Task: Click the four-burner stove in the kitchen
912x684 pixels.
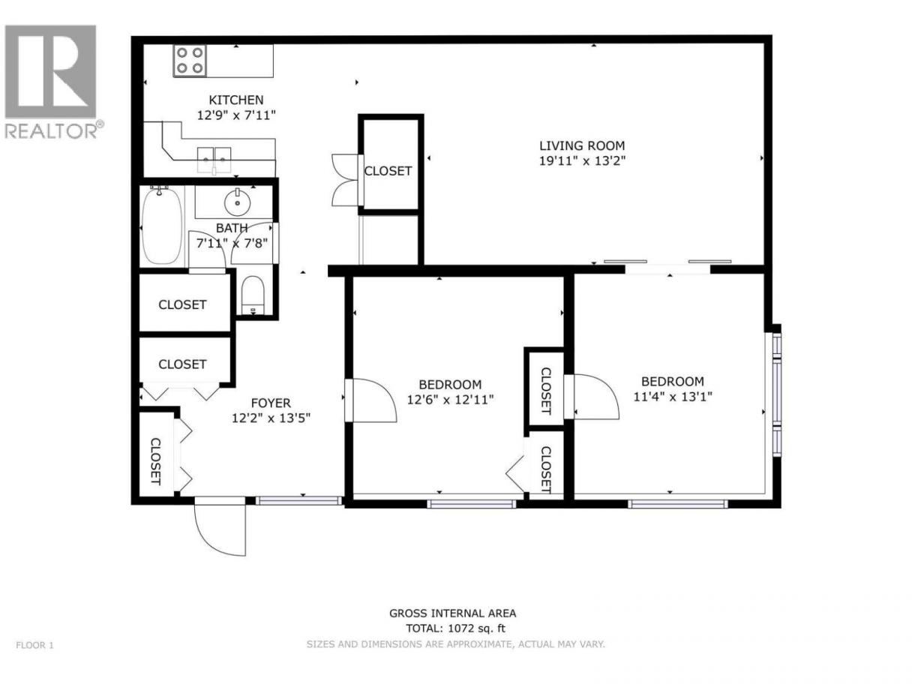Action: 190,61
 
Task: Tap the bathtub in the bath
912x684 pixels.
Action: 161,226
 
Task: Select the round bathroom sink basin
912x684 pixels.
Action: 237,202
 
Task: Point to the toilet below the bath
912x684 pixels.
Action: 253,295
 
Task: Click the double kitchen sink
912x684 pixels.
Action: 214,160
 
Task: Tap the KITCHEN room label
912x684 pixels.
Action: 235,100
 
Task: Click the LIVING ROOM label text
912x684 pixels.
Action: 582,145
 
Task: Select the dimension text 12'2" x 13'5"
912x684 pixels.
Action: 271,418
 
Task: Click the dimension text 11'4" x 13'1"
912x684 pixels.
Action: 672,397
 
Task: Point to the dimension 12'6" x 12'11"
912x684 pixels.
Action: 450,400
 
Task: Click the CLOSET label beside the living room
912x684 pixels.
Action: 388,171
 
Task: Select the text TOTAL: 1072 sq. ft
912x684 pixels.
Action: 455,628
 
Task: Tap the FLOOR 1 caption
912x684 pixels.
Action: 35,646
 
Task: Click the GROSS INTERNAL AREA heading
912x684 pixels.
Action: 452,613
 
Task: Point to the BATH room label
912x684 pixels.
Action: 232,228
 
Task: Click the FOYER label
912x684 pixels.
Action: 271,403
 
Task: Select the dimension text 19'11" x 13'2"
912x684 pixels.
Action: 582,160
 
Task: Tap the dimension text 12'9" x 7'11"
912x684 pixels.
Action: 236,115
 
